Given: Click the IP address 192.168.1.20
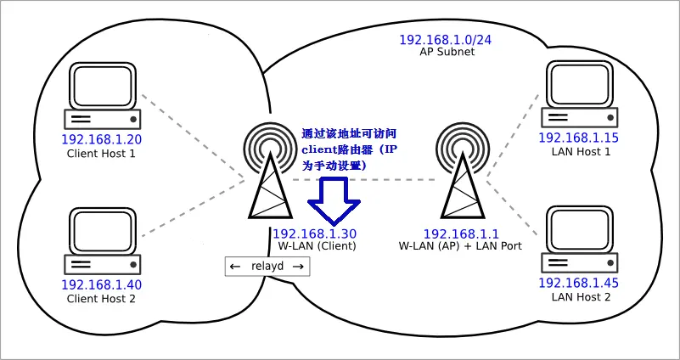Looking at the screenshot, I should pyautogui.click(x=101, y=139).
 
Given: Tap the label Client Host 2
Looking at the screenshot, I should pyautogui.click(x=101, y=298).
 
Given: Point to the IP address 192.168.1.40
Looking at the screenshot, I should pyautogui.click(x=101, y=284).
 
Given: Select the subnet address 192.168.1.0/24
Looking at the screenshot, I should pyautogui.click(x=447, y=39).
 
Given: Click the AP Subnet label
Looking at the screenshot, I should pyautogui.click(x=447, y=52).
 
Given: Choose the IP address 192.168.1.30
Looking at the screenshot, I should pyautogui.click(x=314, y=233).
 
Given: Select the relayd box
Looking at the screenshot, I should pyautogui.click(x=267, y=267).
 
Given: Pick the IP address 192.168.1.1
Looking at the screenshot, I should pyautogui.click(x=461, y=233).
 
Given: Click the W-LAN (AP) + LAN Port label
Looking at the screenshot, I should pyautogui.click(x=460, y=245).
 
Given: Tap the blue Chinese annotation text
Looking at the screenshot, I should pyautogui.click(x=349, y=150).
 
